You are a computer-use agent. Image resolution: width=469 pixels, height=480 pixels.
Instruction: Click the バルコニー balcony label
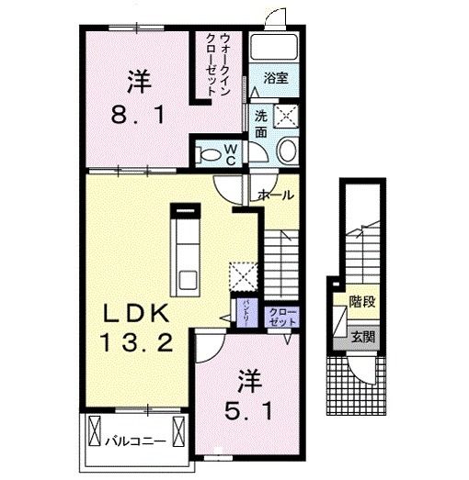135,441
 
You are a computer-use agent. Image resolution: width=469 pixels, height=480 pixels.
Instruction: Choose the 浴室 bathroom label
275,79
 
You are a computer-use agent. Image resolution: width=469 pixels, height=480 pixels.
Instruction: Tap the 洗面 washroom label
260,124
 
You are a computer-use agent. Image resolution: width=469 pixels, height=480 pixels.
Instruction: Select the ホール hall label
276,195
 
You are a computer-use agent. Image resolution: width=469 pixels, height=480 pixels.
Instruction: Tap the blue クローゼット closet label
281,317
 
